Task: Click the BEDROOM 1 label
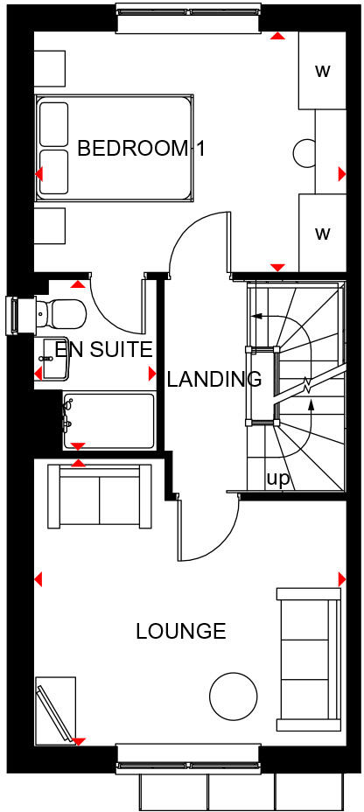point(140,148)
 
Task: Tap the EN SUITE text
point(103,350)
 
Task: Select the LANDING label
point(214,379)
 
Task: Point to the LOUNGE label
point(181,630)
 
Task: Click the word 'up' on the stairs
point(277,478)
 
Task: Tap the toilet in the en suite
point(58,311)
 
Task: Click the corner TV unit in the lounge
point(56,709)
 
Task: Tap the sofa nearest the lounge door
point(99,497)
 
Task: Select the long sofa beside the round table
point(309,658)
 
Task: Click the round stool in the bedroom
point(305,152)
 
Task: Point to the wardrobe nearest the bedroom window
point(321,71)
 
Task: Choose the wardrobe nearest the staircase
point(321,233)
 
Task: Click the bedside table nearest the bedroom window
point(50,66)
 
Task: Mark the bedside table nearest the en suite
point(50,227)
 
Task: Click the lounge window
point(187,754)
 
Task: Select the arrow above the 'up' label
point(311,408)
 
